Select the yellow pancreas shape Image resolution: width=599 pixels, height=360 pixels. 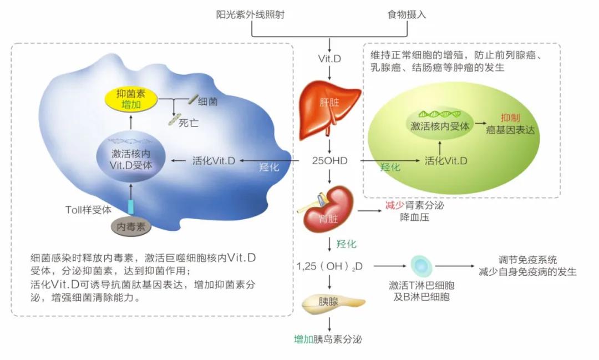[x=333, y=302]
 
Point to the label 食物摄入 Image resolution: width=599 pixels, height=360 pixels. [x=407, y=14]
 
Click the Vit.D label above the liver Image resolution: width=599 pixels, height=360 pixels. [x=329, y=58]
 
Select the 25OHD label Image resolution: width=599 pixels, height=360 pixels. [x=330, y=161]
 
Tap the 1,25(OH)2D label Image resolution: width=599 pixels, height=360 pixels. [x=329, y=266]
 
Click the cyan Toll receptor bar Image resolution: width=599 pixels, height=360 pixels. [x=131, y=207]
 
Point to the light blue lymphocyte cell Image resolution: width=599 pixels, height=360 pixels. [x=421, y=266]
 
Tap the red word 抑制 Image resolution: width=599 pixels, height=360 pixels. [x=510, y=118]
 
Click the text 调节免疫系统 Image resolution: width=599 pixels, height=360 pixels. [x=527, y=260]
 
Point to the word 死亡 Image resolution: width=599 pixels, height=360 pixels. [x=188, y=123]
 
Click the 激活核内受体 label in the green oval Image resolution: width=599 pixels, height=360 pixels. [x=440, y=126]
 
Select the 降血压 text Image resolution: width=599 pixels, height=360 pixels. [x=414, y=217]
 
